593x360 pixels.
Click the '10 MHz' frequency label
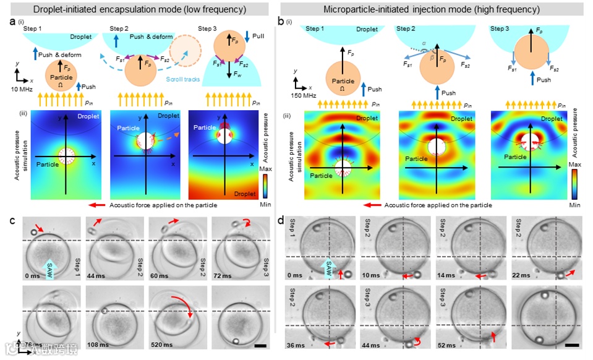(21, 90)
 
